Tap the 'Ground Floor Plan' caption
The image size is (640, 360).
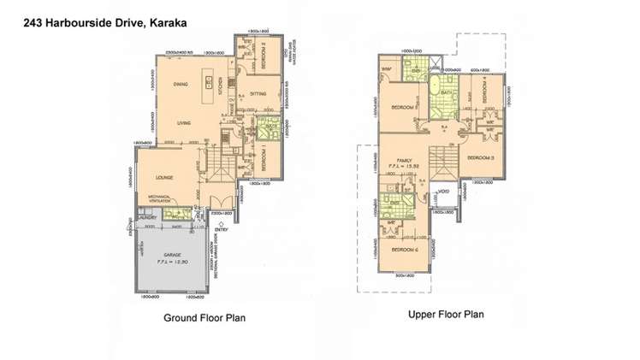[x=204, y=317]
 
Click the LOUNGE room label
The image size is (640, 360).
[x=164, y=177]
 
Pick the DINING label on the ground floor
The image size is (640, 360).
[x=180, y=85]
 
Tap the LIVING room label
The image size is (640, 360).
[x=183, y=123]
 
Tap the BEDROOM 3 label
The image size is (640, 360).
[x=481, y=158]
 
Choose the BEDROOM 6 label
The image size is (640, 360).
[x=404, y=249]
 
